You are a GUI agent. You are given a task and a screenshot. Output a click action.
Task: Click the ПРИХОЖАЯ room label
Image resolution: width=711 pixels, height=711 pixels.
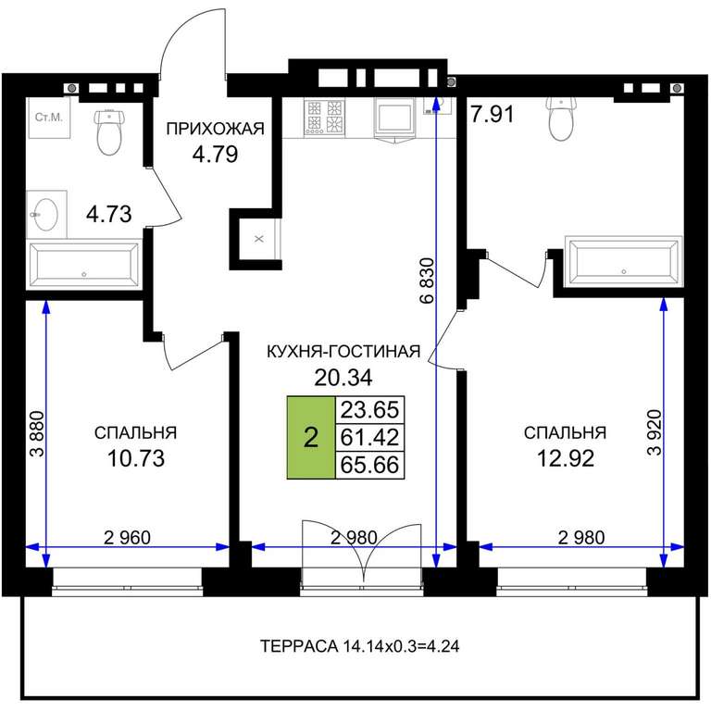[216, 129]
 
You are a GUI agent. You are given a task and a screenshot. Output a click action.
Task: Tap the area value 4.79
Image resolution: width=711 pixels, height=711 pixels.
[215, 155]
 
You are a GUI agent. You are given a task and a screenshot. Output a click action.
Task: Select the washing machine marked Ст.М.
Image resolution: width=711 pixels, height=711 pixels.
[49, 118]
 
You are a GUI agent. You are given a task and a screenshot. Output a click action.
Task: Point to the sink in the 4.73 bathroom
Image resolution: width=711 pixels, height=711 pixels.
[46, 215]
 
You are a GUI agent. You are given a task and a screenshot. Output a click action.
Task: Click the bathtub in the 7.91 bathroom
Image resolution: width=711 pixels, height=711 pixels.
[623, 262]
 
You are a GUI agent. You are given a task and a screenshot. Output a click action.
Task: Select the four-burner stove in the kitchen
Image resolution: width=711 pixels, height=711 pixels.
[324, 117]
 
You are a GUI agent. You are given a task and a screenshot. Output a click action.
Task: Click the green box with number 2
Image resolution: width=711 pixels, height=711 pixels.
[311, 438]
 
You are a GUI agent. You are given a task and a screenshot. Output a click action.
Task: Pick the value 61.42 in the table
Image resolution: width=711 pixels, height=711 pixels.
[369, 438]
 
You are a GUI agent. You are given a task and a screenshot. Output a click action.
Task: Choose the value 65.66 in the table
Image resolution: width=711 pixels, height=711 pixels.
[369, 465]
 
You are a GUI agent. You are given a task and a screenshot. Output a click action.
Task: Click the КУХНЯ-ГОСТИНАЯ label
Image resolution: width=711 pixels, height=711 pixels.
[343, 352]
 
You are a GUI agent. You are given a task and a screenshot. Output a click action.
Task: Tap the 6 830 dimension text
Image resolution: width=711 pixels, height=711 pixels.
[427, 281]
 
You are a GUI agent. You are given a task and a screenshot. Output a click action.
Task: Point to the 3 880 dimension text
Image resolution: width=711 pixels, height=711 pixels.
[38, 434]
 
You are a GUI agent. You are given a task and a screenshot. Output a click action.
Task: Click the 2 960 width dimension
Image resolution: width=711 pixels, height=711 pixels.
[128, 538]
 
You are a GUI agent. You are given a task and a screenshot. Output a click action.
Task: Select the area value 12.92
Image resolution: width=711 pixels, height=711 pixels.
[566, 458]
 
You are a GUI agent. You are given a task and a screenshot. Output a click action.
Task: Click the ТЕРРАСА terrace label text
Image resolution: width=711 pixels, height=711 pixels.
[359, 645]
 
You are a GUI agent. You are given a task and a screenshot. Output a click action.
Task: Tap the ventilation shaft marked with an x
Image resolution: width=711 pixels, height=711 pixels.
[259, 239]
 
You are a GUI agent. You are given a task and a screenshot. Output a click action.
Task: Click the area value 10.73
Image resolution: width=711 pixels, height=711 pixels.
[135, 458]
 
